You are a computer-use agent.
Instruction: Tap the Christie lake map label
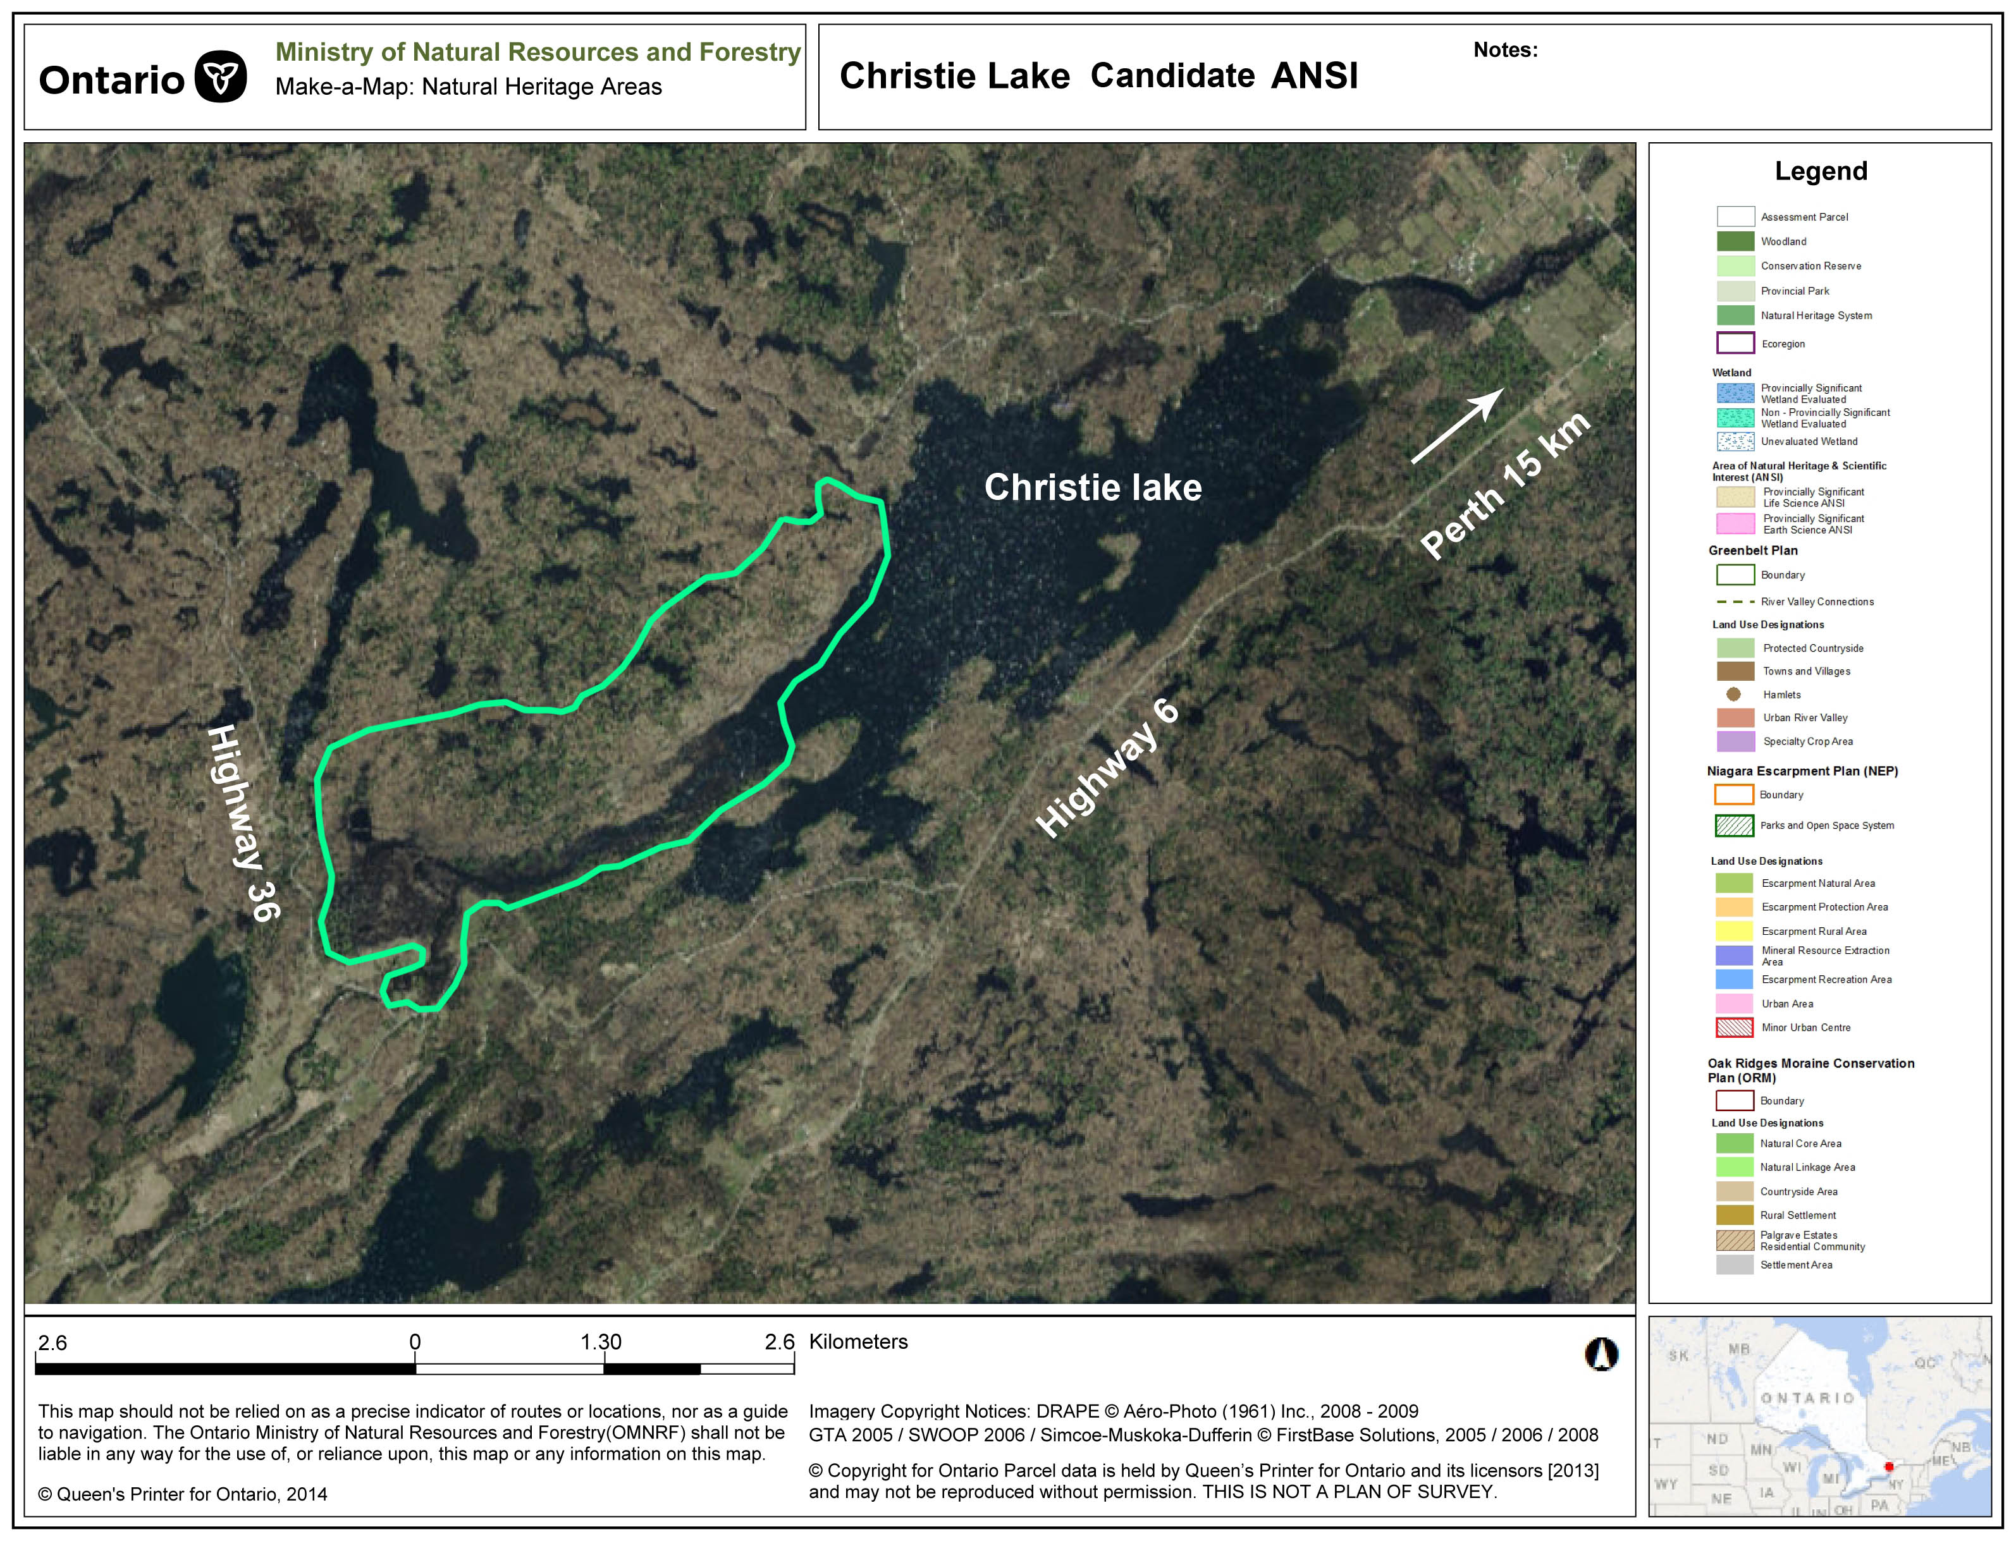(1092, 487)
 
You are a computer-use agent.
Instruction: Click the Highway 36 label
(243, 823)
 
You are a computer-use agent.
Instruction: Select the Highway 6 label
(1107, 768)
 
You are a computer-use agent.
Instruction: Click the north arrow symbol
(1601, 1354)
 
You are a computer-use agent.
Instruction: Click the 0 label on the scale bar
(415, 1342)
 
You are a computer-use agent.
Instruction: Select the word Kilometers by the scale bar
(858, 1341)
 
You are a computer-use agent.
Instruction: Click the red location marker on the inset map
(1888, 1466)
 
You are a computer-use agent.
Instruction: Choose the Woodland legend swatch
(1735, 241)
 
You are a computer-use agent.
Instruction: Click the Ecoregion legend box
(1735, 343)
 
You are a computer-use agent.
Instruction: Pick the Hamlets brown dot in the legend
(1733, 695)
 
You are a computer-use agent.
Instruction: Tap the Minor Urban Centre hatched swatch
(1735, 1027)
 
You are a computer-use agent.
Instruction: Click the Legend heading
(1821, 171)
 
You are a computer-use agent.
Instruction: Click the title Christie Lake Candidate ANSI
(1098, 75)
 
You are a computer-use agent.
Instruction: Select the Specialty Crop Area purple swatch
(1735, 741)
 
